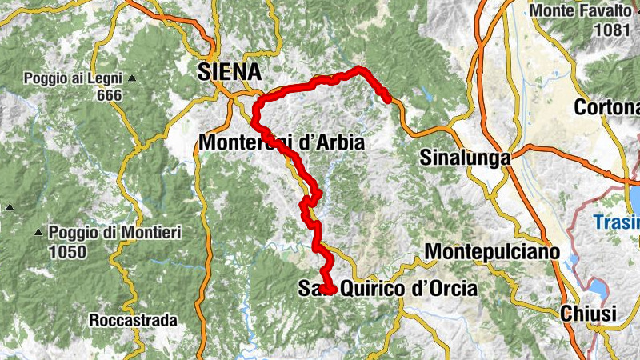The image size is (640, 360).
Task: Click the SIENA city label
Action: coord(230,72)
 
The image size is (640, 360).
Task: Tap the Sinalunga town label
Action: coord(465,158)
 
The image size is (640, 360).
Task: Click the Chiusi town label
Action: coord(588,314)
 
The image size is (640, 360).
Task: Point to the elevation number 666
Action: coord(108,96)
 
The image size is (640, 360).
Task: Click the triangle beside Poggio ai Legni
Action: coord(132,78)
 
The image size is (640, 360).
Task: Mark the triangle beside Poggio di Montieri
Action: coord(38,233)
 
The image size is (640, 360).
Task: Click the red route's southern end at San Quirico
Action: coord(329,290)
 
